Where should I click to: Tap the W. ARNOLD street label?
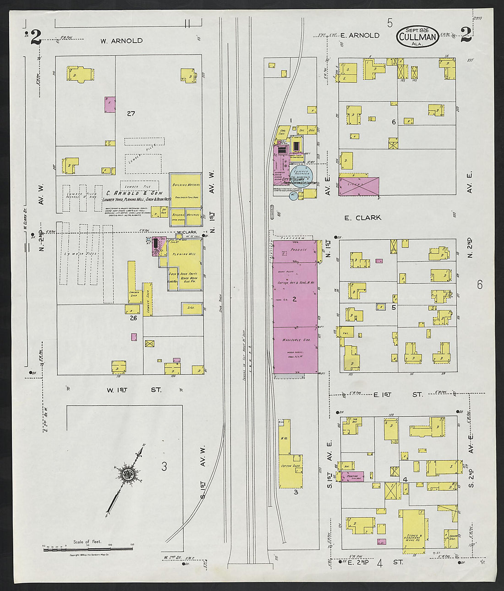point(121,41)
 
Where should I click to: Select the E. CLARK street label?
point(362,218)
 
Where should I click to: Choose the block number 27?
point(131,114)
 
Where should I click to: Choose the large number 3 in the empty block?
point(164,467)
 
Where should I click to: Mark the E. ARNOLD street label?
point(360,35)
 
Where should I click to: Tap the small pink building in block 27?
point(110,105)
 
